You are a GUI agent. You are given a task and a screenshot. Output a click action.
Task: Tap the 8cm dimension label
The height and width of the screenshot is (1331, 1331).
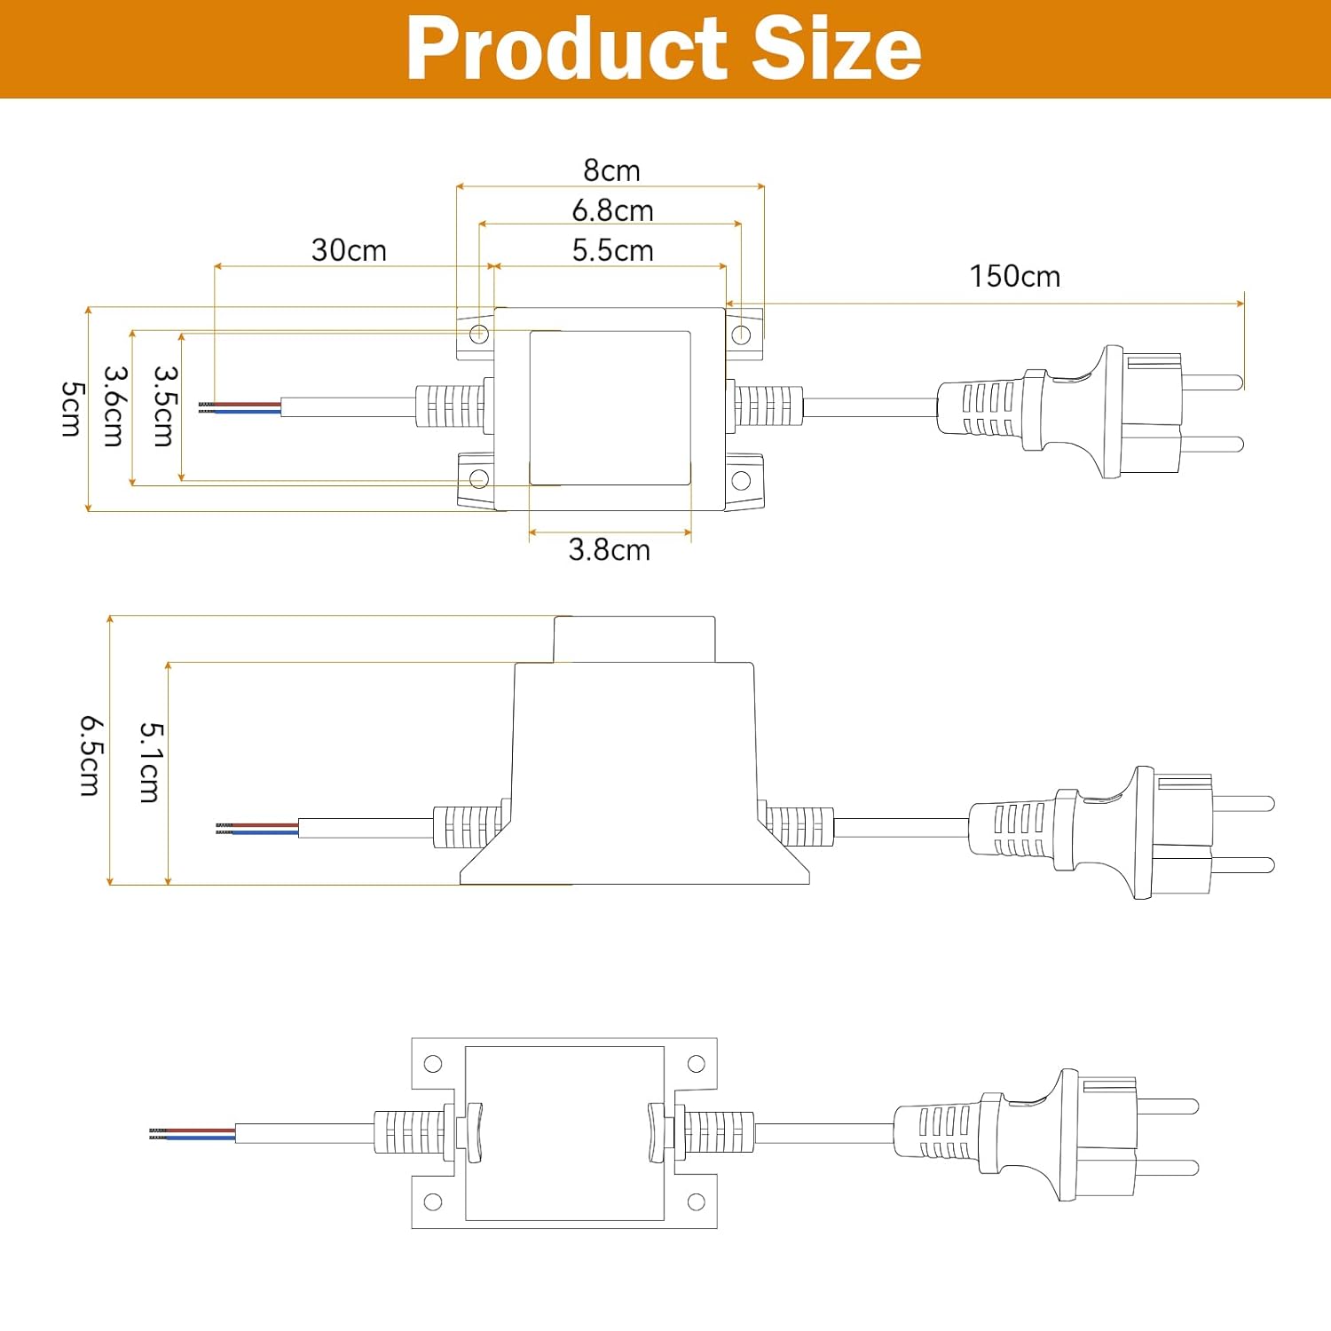[x=611, y=169]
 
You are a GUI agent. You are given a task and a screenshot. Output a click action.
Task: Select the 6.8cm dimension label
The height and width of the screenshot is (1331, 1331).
[x=612, y=210]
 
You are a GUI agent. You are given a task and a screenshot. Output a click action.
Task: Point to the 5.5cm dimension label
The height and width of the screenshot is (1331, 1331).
[x=612, y=250]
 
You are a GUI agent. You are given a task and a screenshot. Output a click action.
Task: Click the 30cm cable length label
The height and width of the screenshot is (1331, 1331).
[x=349, y=250]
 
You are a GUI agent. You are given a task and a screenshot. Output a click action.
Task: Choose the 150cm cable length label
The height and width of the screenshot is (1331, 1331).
[x=1014, y=276]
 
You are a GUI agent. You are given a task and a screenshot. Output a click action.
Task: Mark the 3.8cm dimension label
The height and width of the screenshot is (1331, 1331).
[x=609, y=550]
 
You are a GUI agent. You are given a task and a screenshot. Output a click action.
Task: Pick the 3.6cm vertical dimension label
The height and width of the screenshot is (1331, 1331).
[x=115, y=406]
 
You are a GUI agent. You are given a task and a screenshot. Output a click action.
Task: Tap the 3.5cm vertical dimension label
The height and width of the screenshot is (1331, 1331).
[x=165, y=406]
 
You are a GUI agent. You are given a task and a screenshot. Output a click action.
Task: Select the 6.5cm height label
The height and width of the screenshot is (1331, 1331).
[x=91, y=756]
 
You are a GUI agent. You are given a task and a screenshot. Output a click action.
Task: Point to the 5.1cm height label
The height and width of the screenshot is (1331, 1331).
[x=151, y=762]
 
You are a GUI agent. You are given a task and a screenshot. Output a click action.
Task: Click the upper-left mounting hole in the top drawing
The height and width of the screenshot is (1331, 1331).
[x=478, y=334]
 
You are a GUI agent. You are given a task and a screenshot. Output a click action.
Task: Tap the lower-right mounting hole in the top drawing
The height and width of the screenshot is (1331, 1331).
[x=741, y=481]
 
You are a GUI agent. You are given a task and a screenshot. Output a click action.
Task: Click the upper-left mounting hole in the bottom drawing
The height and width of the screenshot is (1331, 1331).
[x=433, y=1064]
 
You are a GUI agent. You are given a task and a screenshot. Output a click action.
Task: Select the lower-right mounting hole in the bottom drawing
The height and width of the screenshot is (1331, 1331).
[x=697, y=1202]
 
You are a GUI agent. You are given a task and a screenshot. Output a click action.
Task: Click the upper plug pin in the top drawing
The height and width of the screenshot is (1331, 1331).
[x=1212, y=382]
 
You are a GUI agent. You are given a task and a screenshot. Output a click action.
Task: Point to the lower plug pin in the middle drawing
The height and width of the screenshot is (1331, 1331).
[x=1243, y=864]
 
